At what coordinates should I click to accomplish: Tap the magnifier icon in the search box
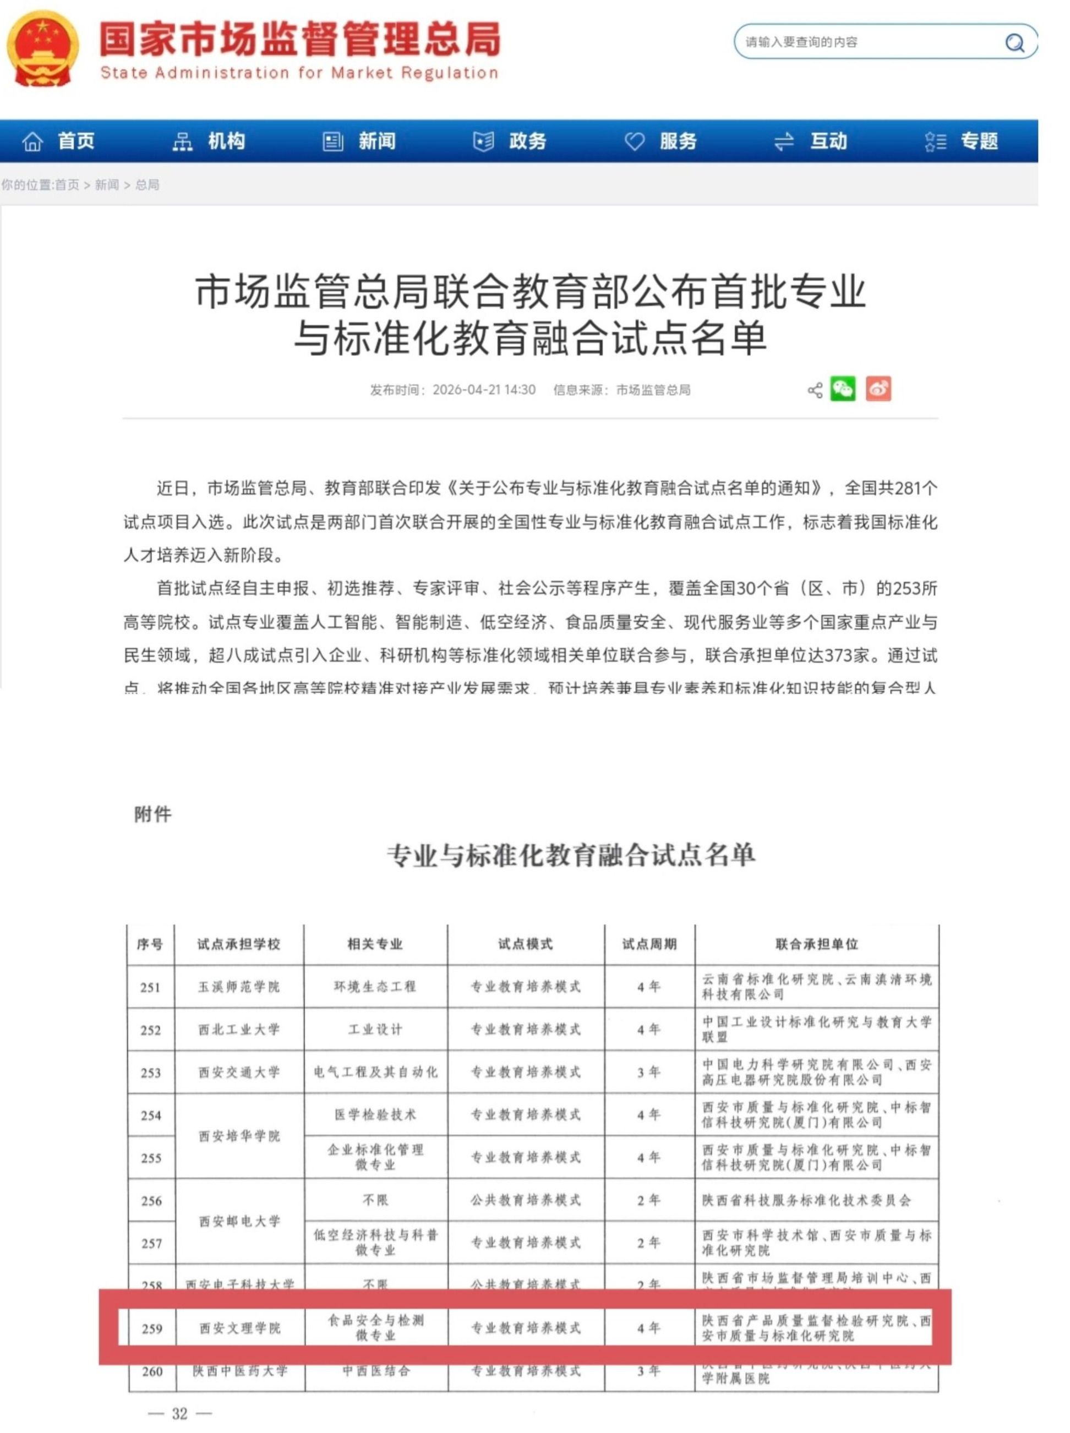click(x=1014, y=43)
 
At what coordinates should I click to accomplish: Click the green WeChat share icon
click(x=843, y=389)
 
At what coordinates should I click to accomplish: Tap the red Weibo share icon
click(x=878, y=389)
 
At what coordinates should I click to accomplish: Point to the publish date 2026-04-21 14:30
click(x=484, y=390)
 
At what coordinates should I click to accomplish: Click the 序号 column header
click(x=150, y=944)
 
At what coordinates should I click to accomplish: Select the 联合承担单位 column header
click(x=817, y=944)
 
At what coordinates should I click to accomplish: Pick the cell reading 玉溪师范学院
click(x=239, y=987)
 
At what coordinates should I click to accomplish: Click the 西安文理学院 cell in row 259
click(x=239, y=1328)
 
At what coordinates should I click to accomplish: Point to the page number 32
click(x=179, y=1414)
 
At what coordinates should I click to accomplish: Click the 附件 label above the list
click(x=153, y=814)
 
